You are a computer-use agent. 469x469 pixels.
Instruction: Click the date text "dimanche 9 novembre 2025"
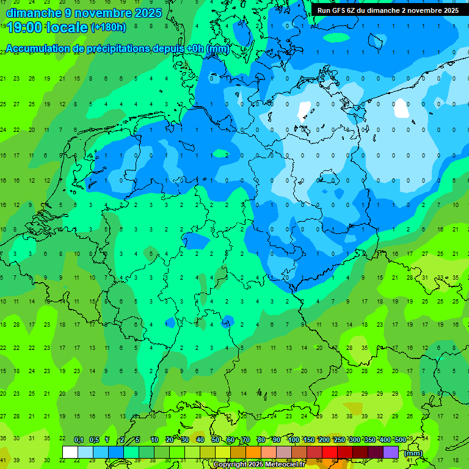[84, 12]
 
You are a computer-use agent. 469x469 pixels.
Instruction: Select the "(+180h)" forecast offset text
[108, 27]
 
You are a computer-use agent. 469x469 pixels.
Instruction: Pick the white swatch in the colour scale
[70, 452]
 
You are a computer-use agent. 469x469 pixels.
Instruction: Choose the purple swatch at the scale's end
[391, 452]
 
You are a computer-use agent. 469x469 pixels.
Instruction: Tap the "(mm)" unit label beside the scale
[413, 453]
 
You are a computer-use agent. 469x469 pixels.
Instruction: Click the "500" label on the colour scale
[399, 440]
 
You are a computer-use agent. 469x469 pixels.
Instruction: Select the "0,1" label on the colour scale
[78, 440]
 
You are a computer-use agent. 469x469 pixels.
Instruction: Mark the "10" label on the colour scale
[155, 440]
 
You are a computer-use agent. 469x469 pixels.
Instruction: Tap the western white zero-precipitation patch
[304, 110]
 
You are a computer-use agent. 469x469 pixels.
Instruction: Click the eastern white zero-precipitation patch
[401, 108]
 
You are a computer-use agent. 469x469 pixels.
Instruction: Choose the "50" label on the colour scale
[216, 440]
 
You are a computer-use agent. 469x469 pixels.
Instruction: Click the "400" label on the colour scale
[384, 440]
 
